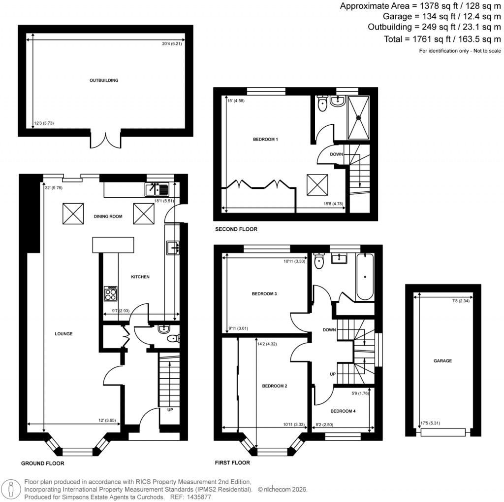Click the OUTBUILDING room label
(104, 80)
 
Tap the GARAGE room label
(443, 361)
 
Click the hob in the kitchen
(111, 293)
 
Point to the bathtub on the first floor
(365, 277)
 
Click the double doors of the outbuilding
(105, 139)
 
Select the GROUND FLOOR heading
(43, 464)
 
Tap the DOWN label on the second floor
(337, 154)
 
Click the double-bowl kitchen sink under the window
(157, 189)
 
